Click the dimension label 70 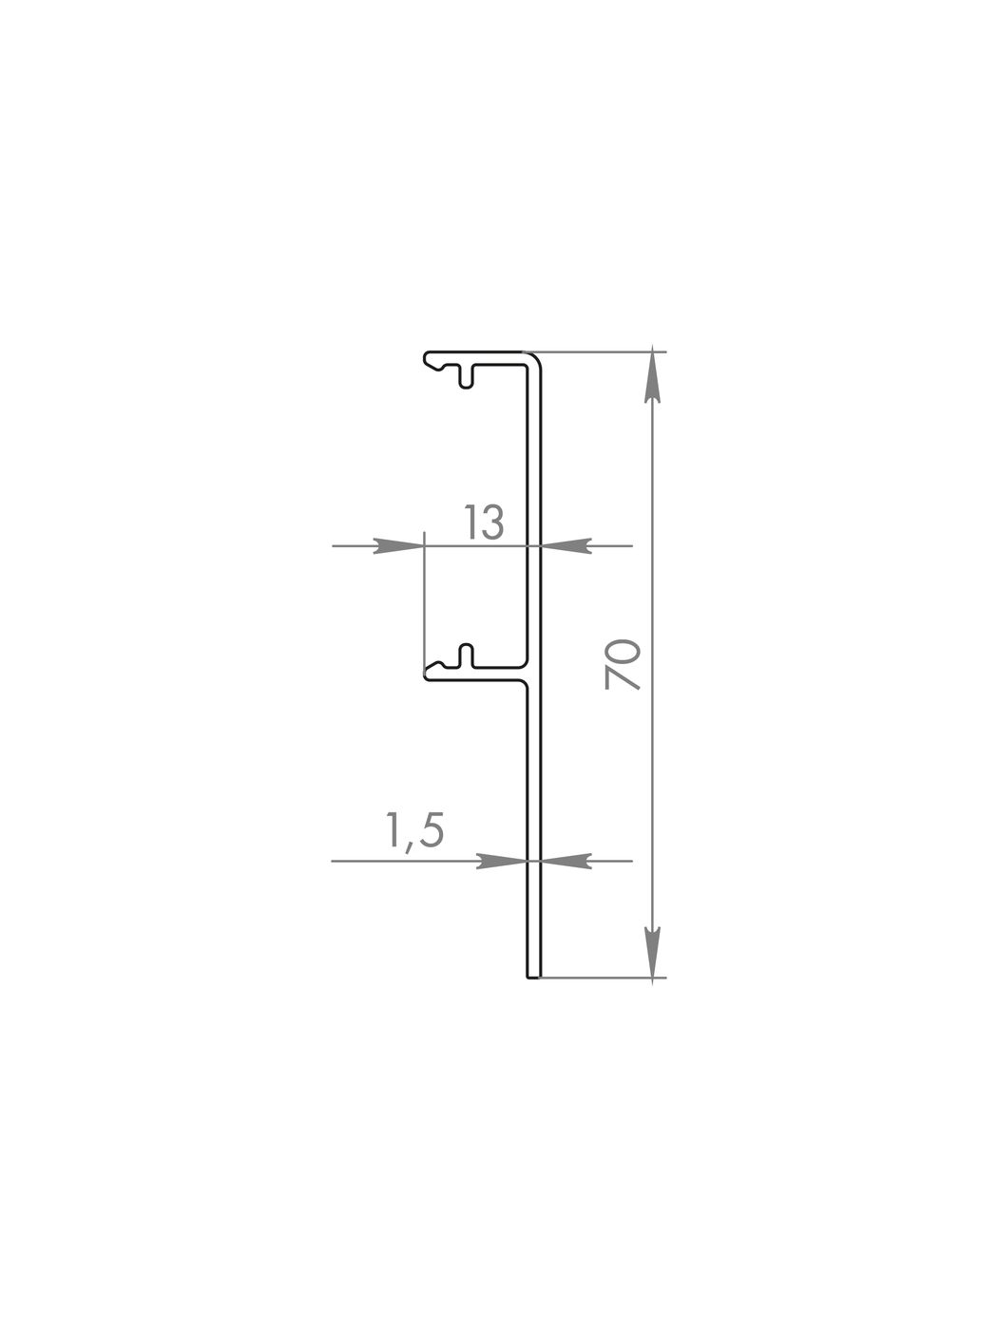[x=623, y=665]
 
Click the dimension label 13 [x=484, y=522]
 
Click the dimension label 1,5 [x=415, y=830]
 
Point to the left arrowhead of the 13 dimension [x=398, y=545]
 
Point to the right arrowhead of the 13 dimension [x=566, y=545]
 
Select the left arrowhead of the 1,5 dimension [x=502, y=861]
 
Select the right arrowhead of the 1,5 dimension [x=566, y=861]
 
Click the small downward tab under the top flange [x=467, y=377]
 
